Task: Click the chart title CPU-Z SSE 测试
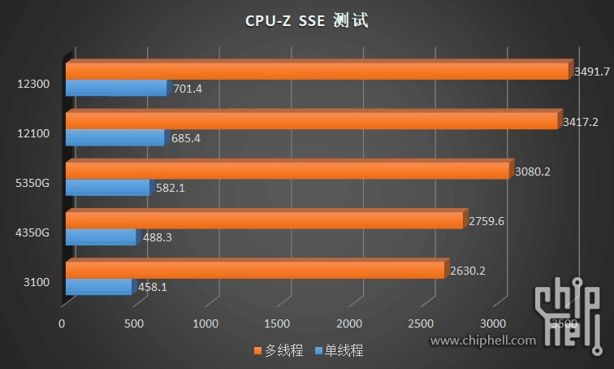pos(307,21)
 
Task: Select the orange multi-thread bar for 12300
pos(317,71)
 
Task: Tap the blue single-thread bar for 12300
pos(115,88)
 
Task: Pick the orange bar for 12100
pos(313,121)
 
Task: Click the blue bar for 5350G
pos(107,188)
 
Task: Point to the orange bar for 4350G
pos(266,220)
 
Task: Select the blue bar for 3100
pos(97,287)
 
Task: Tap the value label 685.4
pos(186,138)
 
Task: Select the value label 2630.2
pos(468,271)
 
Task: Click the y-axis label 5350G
pos(33,183)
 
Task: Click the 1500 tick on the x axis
pos(278,323)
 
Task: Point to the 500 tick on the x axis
pos(134,323)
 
